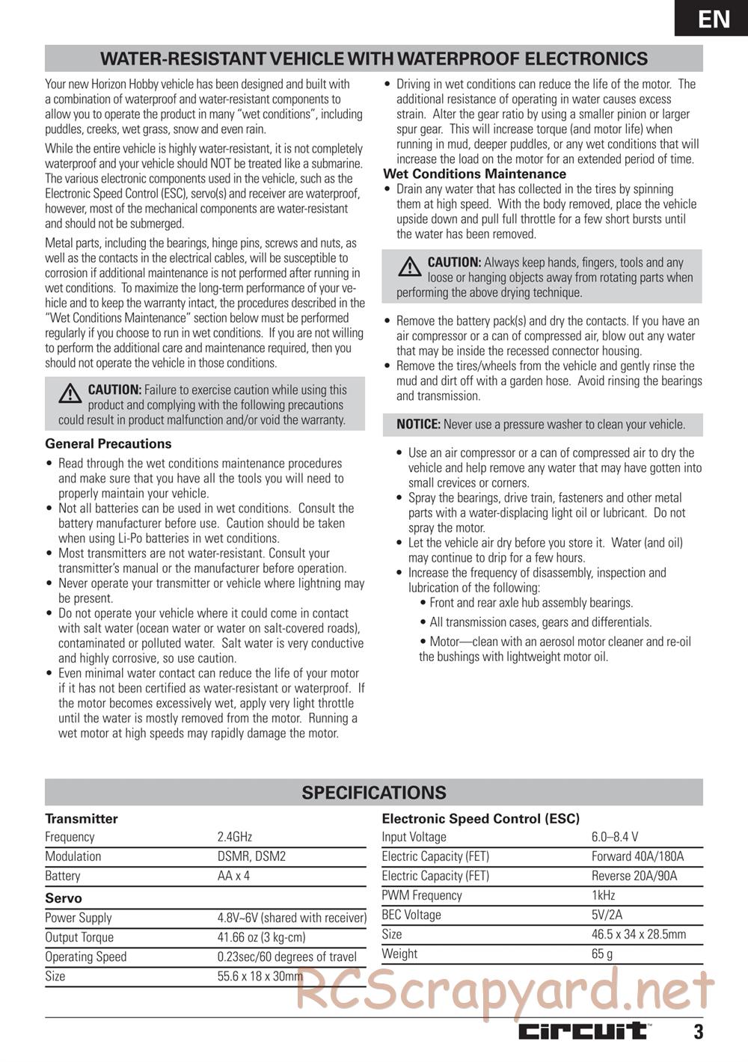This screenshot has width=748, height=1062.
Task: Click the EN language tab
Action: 714,19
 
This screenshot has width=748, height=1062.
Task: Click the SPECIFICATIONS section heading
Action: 374,793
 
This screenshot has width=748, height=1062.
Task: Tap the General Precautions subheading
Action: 108,443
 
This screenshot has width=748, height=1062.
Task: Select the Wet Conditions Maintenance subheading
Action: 474,174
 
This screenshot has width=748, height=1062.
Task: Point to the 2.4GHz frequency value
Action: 234,837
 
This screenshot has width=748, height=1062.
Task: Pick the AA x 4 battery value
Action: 233,876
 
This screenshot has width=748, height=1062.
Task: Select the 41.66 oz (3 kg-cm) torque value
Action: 261,937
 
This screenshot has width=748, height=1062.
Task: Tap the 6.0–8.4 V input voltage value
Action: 615,837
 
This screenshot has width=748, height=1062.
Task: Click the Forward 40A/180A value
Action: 637,856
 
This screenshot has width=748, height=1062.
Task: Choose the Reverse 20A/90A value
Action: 634,876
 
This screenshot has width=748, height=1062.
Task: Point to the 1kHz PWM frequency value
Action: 604,895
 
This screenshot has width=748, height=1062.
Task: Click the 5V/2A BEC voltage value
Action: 607,915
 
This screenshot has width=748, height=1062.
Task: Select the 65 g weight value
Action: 602,954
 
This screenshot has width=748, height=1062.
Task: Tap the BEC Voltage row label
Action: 411,915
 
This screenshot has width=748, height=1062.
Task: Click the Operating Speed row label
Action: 86,957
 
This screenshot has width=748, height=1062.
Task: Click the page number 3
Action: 698,1032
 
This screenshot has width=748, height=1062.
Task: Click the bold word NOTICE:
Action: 418,424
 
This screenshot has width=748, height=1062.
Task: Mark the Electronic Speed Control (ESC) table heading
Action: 481,819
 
